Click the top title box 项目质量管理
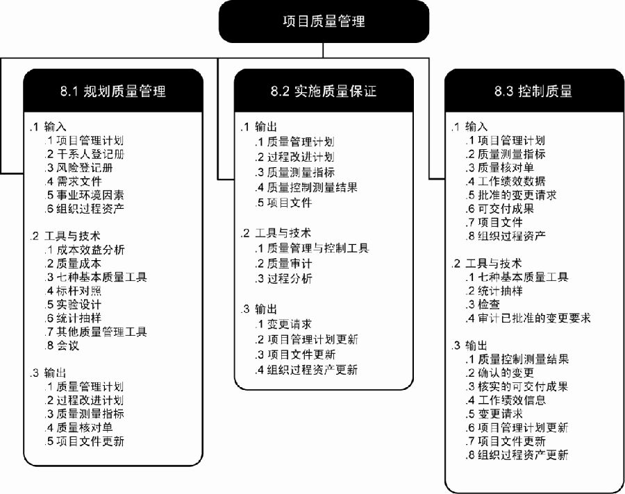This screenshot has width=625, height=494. (x=324, y=22)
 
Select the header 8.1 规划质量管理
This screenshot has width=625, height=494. (x=113, y=91)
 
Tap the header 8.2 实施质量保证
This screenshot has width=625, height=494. (x=324, y=91)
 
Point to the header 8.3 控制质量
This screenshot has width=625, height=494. (x=534, y=91)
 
